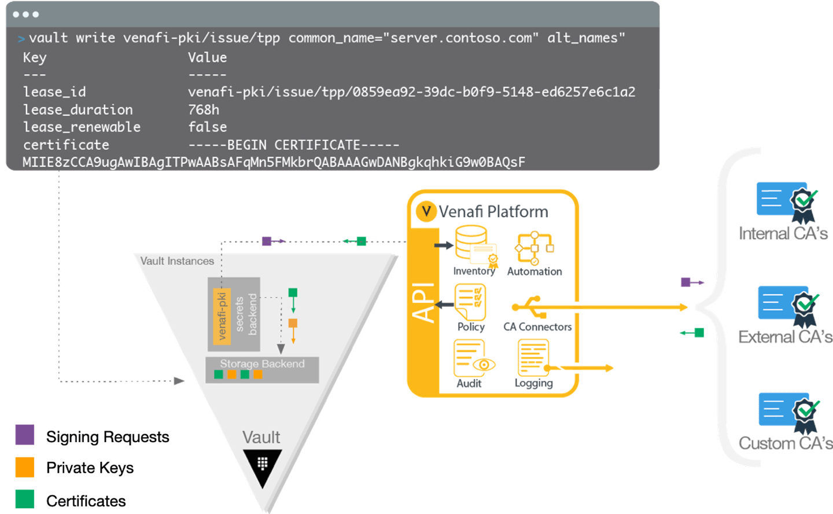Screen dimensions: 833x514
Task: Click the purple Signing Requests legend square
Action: click(24, 435)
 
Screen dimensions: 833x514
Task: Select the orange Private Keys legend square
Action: click(24, 467)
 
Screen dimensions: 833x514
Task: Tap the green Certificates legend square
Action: click(24, 499)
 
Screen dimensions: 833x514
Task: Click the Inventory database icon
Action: click(476, 246)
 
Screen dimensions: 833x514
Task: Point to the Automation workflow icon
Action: click(535, 248)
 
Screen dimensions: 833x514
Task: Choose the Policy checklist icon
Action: click(470, 302)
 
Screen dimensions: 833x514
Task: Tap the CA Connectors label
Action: click(537, 327)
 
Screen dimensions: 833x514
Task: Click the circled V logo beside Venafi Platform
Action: click(426, 211)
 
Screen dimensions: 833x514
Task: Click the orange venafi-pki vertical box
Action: click(222, 317)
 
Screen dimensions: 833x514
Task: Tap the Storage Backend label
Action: click(262, 364)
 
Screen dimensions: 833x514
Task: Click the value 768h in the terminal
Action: click(204, 110)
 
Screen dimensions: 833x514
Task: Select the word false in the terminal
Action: click(208, 127)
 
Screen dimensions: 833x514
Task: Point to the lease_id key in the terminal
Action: click(54, 92)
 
